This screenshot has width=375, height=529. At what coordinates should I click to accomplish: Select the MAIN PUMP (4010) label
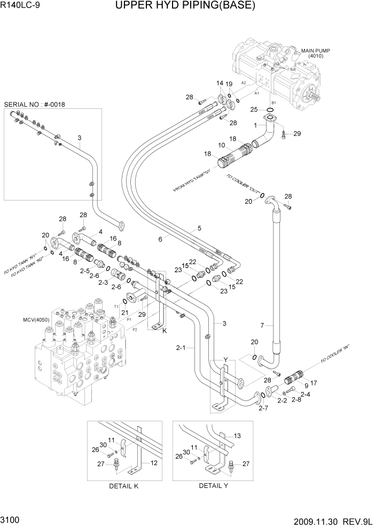315,53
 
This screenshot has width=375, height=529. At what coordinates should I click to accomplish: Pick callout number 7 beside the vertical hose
262,325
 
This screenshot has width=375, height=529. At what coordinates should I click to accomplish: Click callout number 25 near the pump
254,109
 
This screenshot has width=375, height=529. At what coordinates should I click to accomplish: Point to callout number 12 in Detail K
153,463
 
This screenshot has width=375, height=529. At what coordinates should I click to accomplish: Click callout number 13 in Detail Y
238,436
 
